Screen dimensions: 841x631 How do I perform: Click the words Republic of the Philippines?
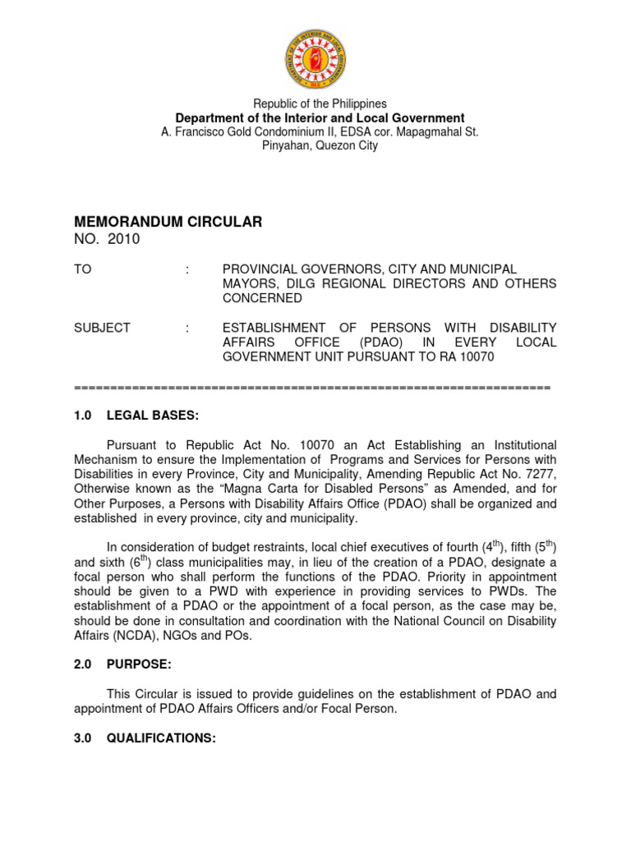click(x=320, y=104)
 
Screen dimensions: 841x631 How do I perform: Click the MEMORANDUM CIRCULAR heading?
click(x=168, y=222)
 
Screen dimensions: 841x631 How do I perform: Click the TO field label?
click(x=83, y=269)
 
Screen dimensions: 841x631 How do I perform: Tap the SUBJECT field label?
click(x=102, y=328)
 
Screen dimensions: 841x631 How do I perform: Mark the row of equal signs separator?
click(x=312, y=386)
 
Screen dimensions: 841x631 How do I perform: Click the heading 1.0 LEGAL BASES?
click(x=136, y=416)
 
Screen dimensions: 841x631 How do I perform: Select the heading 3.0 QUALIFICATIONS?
click(x=145, y=738)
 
